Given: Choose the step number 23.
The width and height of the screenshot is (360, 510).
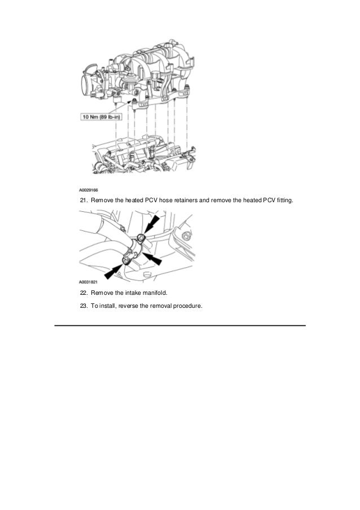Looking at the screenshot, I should point(83,306).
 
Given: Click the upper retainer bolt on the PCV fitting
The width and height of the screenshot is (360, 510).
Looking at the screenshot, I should point(142,237).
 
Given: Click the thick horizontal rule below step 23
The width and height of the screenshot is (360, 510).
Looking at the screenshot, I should point(179,325).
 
